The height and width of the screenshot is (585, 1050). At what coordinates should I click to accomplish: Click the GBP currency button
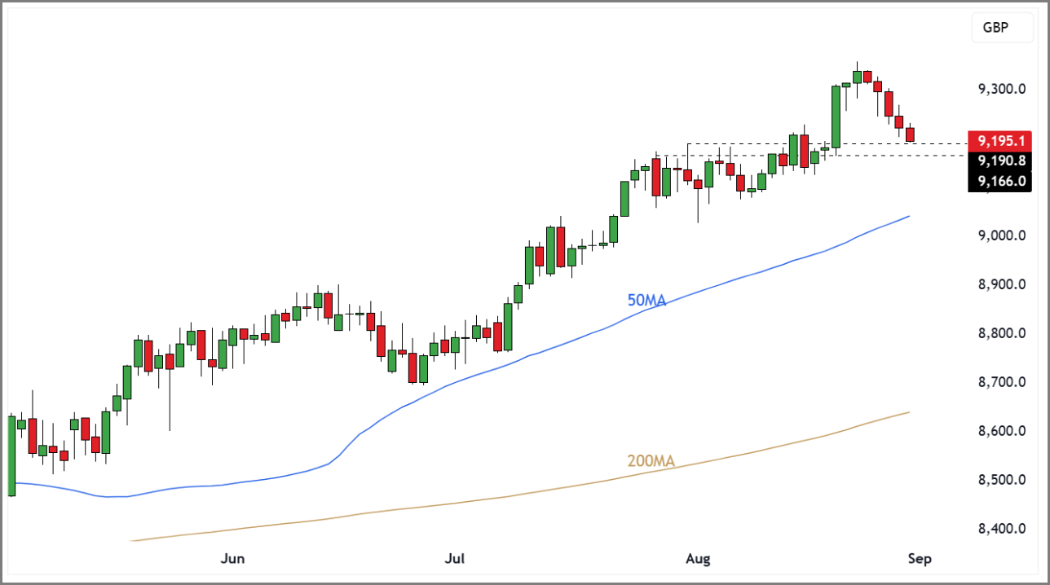pos(995,28)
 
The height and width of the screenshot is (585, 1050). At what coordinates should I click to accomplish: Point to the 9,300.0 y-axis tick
pos(1001,89)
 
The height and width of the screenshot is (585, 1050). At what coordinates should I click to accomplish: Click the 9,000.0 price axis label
pos(1001,235)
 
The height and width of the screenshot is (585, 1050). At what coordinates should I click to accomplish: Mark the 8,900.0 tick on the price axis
pos(1001,284)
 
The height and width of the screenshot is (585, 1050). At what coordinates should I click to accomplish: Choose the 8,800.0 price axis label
pos(1001,333)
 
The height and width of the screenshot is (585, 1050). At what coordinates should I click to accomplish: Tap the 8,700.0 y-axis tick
pos(1001,382)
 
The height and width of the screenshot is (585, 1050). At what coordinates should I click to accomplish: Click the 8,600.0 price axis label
pos(1001,431)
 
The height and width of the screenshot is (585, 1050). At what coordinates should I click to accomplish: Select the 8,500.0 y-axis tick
pos(1001,480)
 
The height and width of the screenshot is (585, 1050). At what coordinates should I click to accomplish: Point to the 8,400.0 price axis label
pos(1001,529)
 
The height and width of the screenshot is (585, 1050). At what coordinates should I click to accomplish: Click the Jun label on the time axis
pos(233,559)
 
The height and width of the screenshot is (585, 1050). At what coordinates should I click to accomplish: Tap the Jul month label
pos(454,559)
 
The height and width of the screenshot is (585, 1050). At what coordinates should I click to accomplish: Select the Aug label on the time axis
pos(698,559)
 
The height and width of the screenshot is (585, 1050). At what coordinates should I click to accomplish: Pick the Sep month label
pos(919,559)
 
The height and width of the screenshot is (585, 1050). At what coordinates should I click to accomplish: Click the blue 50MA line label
pos(646,301)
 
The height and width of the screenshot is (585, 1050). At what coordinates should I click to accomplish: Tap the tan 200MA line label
pos(651,462)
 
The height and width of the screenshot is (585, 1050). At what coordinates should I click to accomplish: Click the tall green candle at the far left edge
pos(11,455)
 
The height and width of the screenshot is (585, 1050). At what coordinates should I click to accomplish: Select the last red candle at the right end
pos(911,134)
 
